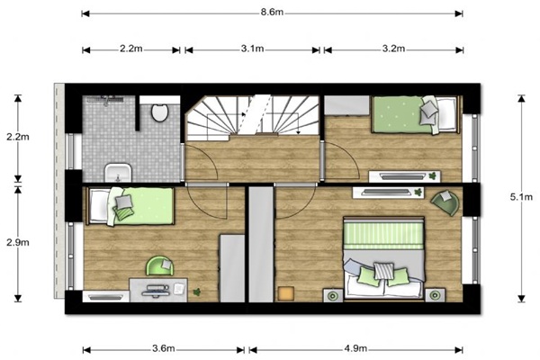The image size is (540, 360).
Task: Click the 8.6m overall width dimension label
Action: [272, 13]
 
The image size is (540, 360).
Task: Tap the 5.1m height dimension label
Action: [521, 197]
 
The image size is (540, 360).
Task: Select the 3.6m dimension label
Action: [164, 348]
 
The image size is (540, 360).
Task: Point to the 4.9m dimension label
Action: [355, 348]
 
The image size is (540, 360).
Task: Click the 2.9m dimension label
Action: [18, 242]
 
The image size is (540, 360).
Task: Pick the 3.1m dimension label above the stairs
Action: [252, 49]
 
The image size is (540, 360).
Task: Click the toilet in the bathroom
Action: [160, 112]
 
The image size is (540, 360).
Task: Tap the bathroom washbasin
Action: [118, 173]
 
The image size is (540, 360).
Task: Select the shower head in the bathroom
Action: [105, 99]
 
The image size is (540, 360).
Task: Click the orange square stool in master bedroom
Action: [286, 293]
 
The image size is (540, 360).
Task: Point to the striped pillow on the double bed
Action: [383, 270]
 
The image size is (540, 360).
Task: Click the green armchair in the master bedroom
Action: [445, 202]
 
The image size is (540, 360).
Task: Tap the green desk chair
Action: [160, 265]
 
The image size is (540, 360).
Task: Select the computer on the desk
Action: [156, 290]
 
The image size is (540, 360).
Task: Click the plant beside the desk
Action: [197, 292]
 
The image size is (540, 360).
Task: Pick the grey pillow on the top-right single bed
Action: [429, 109]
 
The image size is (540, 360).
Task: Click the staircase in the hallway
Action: [252, 115]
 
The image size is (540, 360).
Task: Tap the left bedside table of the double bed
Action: [333, 295]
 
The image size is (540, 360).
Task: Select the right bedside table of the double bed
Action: [435, 295]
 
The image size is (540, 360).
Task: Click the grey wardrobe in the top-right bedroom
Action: [347, 105]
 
